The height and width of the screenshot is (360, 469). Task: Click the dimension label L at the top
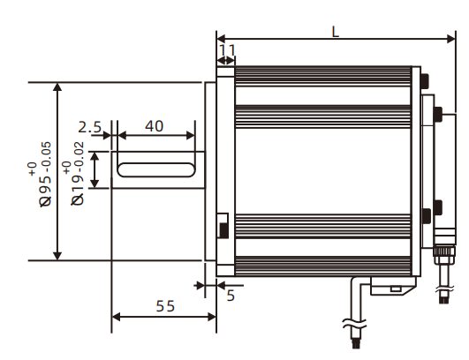[x=335, y=31]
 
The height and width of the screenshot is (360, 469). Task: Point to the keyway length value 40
[x=154, y=126]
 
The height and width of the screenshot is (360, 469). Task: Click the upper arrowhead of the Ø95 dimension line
[x=57, y=89]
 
